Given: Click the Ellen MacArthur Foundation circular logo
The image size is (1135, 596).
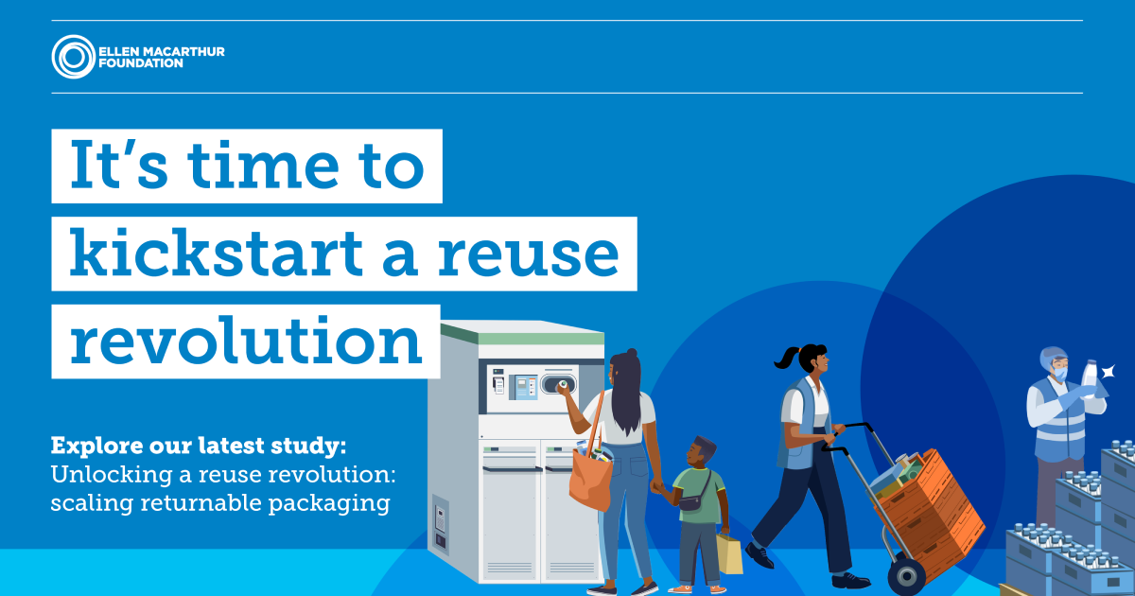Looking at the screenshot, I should point(73,56).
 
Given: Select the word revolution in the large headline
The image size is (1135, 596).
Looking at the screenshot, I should point(246,342).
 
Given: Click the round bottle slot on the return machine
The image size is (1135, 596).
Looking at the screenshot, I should point(558,385).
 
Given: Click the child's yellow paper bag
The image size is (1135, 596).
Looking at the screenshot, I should point(730,552).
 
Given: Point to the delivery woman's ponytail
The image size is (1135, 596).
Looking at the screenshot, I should point(787,359).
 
